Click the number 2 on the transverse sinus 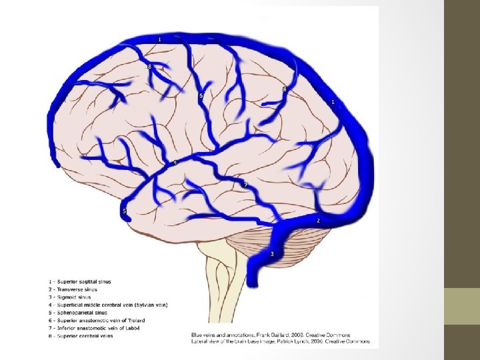[x=318, y=221]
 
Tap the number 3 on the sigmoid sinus [x=272, y=254]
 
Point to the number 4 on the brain [x=175, y=163]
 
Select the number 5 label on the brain [x=124, y=211]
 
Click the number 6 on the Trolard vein [x=200, y=96]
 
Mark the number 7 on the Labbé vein [x=245, y=185]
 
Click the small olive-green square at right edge [x=462, y=306]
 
